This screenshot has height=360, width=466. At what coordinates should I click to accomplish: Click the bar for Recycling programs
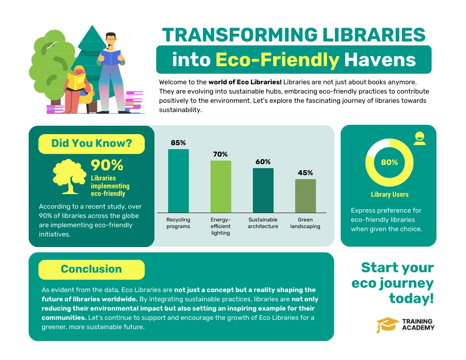pyautogui.click(x=178, y=181)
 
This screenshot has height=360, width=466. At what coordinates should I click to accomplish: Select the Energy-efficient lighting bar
pyautogui.click(x=221, y=187)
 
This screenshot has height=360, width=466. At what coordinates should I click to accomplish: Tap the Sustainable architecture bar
pyautogui.click(x=263, y=190)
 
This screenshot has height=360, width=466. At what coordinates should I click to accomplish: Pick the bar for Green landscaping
pyautogui.click(x=305, y=196)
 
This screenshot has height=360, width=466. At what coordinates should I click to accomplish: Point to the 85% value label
pyautogui.click(x=178, y=143)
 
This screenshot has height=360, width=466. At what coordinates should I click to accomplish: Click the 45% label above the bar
pyautogui.click(x=305, y=173)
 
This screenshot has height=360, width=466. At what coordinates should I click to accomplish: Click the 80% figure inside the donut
pyautogui.click(x=389, y=162)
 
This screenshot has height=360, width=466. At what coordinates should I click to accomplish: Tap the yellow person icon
pyautogui.click(x=419, y=139)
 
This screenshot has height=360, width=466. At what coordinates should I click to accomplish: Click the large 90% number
pyautogui.click(x=107, y=165)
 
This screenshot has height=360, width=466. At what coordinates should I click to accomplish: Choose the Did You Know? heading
pyautogui.click(x=91, y=143)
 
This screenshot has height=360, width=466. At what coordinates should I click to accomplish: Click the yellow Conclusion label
pyautogui.click(x=91, y=269)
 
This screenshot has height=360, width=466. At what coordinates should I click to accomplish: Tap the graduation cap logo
pyautogui.click(x=387, y=326)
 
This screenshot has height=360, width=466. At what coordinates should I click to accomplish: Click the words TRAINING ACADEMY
pyautogui.click(x=418, y=325)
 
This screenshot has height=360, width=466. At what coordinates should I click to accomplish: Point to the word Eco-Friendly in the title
pyautogui.click(x=278, y=60)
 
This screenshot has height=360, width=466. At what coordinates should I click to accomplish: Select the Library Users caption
pyautogui.click(x=389, y=195)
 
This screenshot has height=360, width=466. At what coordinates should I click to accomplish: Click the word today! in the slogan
pyautogui.click(x=411, y=299)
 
